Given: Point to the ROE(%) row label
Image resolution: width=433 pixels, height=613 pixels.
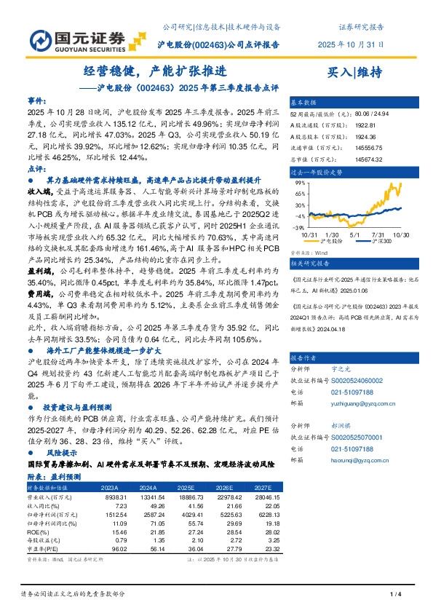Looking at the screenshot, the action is coord(38,533).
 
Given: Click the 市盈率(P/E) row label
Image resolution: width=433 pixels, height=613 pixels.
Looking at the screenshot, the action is coord(41,551).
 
